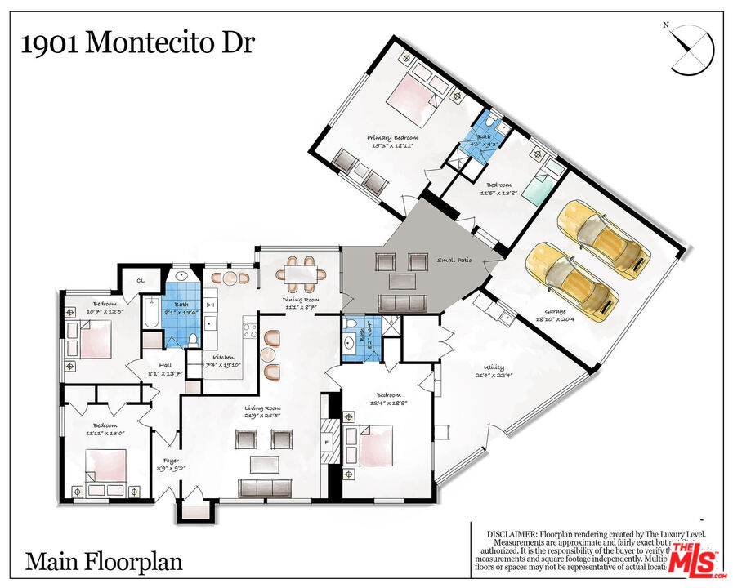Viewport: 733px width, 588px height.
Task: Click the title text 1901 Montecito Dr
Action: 137,42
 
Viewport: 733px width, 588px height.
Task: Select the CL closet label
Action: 141,281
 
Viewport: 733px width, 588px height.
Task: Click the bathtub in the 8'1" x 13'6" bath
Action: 153,314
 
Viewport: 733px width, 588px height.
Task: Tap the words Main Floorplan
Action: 104,562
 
